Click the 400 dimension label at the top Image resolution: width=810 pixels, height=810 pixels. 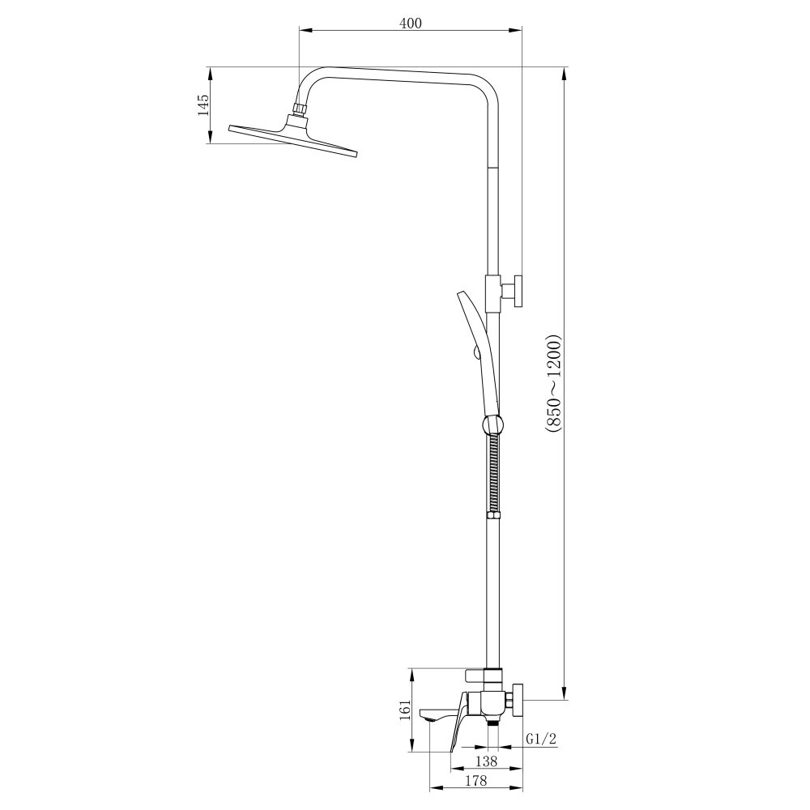click(410, 23)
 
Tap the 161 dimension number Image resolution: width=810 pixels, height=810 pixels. click(406, 710)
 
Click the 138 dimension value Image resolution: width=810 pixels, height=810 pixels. click(485, 761)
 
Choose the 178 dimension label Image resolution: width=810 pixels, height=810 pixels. click(475, 780)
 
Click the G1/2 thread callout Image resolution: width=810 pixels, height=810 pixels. click(541, 740)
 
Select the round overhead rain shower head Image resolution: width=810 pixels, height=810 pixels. click(293, 138)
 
